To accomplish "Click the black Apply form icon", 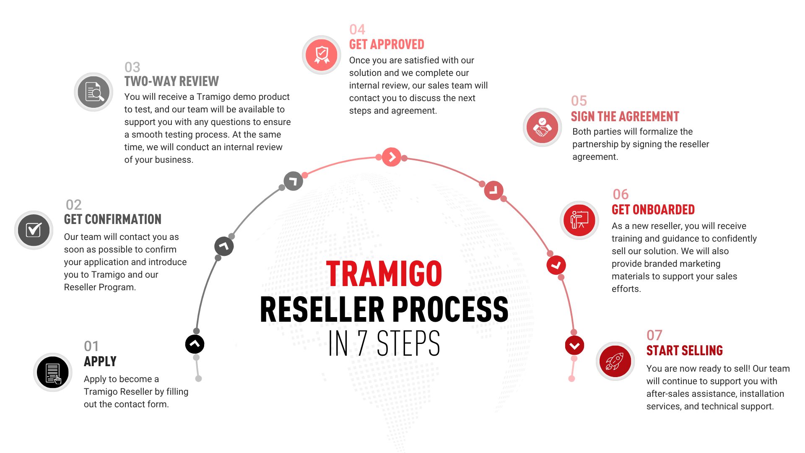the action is (x=53, y=372).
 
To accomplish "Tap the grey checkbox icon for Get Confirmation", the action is (x=34, y=230).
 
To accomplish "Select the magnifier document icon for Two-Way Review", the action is (x=93, y=92).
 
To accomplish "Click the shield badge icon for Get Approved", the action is (x=322, y=55).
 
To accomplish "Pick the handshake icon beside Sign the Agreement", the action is (x=542, y=127).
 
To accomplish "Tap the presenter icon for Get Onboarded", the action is (x=579, y=220).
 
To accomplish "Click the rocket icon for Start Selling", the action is (x=615, y=361).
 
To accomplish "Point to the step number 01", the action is (x=91, y=346).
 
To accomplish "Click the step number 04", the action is (x=357, y=29).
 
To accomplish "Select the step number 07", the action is (x=654, y=335).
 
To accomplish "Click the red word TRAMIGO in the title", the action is (x=384, y=274).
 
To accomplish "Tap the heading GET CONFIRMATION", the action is (x=112, y=219).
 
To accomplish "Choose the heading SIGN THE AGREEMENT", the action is (x=625, y=116).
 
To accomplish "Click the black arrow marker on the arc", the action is (x=195, y=344).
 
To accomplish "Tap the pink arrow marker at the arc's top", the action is (x=392, y=157).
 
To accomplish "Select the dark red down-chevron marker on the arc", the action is (x=574, y=345).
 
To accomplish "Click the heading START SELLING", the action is (x=685, y=350).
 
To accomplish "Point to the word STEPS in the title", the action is (x=408, y=343).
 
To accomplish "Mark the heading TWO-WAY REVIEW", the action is (x=171, y=81).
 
